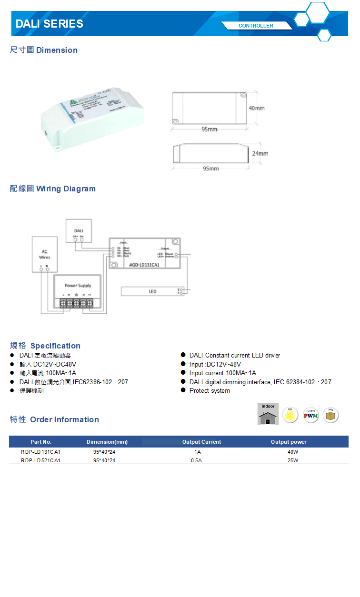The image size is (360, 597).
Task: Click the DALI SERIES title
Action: pos(49,24)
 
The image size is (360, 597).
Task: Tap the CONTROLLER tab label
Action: pos(256,26)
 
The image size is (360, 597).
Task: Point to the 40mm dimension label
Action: pos(257,109)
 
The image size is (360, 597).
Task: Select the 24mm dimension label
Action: pos(260,154)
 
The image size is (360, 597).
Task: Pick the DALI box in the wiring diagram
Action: pos(79,231)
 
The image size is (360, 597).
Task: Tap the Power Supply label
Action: pos(78,286)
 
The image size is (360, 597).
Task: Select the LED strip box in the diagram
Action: pos(152,291)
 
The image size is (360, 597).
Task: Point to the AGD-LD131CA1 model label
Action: pos(144,264)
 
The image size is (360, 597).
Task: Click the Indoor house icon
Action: pos(268,414)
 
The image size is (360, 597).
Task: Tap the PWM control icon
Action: pos(311,416)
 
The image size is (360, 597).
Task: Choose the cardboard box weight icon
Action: pos(330,415)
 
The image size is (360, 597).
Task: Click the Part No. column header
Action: pos(41,442)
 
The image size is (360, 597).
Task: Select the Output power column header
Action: pos(289,442)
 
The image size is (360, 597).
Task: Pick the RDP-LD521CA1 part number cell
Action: pos(40,460)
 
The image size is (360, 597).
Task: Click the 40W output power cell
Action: pos(292,451)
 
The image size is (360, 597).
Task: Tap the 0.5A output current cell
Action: pos(196,460)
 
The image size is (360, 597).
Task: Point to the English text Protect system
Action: pos(210,391)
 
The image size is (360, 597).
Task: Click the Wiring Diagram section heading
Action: pos(53,189)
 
